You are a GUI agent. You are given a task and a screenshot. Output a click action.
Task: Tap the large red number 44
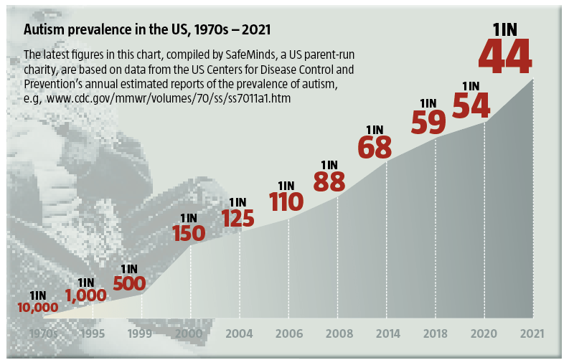[x=505, y=57]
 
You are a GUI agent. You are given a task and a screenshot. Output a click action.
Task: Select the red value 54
[x=471, y=105]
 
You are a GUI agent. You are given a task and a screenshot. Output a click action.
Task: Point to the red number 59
[x=428, y=122]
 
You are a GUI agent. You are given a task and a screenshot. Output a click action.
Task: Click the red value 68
[x=375, y=147]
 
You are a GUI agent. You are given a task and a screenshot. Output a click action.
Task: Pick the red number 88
[x=329, y=181]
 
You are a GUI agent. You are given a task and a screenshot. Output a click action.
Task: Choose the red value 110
[x=286, y=202]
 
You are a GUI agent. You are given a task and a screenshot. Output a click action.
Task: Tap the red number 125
[x=238, y=218]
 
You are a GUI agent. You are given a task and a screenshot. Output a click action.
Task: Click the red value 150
[x=189, y=233]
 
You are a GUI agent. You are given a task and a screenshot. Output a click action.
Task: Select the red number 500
[x=129, y=283]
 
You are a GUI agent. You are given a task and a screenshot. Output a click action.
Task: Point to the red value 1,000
[x=86, y=295]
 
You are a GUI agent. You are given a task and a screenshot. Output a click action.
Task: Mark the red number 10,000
[x=38, y=308]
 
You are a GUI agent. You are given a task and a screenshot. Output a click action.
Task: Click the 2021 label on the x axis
[x=532, y=333]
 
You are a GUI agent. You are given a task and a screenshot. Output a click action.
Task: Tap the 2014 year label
[x=388, y=333]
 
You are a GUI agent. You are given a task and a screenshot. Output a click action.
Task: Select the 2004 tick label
[x=239, y=333]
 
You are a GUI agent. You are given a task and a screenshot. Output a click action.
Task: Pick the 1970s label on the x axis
[x=43, y=333]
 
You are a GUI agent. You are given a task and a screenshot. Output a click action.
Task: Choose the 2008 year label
[x=339, y=333]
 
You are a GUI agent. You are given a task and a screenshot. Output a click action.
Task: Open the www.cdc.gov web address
[x=169, y=99]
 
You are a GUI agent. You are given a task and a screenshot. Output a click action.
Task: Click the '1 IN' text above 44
[x=504, y=30]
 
